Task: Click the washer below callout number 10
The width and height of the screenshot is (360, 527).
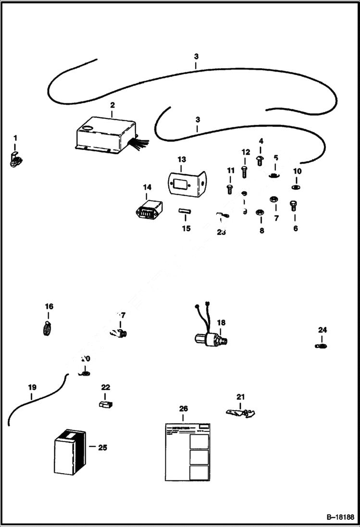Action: click(x=296, y=187)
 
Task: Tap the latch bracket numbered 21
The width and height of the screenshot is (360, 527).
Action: click(x=240, y=412)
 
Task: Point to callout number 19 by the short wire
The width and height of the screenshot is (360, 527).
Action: click(x=32, y=387)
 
